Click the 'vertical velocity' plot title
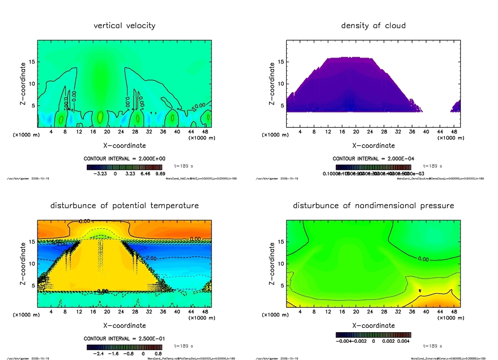(124, 26)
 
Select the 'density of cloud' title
(373, 26)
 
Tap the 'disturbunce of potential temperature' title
(124, 206)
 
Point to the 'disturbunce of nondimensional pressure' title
(373, 206)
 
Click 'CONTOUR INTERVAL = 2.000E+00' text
(124, 159)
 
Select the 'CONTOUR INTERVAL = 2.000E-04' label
(373, 159)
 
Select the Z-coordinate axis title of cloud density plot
(272, 84)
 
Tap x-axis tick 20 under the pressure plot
(356, 312)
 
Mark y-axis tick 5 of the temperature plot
(32, 286)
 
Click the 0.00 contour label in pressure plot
(423, 259)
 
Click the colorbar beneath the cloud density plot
(373, 167)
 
